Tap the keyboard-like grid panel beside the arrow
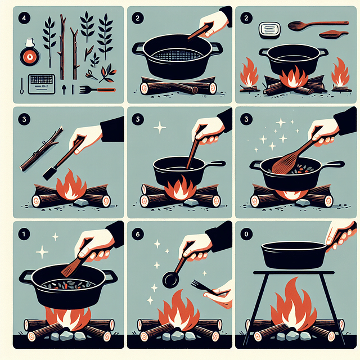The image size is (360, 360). point(40,83)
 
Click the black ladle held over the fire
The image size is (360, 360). point(170,278)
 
